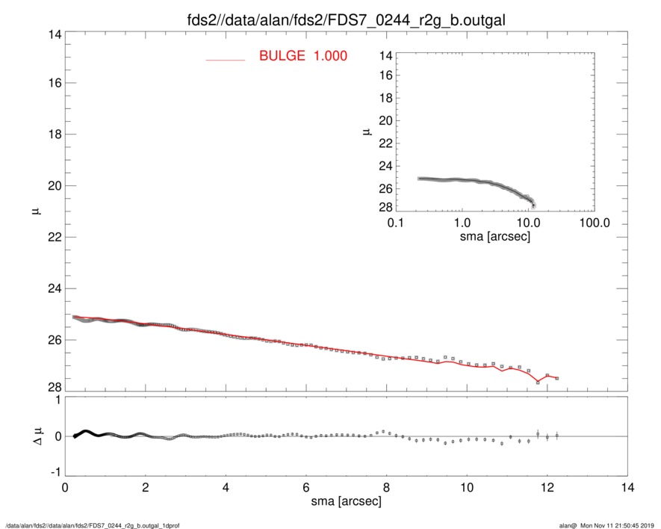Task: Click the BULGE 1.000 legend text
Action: coord(302,56)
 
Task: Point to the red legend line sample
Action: coord(225,59)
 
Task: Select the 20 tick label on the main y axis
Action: coord(53,186)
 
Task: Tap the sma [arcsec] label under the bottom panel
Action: coord(346,502)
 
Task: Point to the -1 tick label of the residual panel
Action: coord(54,472)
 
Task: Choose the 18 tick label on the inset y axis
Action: coord(385,99)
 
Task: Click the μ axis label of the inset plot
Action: coord(365,132)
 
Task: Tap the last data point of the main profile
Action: coord(557,378)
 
